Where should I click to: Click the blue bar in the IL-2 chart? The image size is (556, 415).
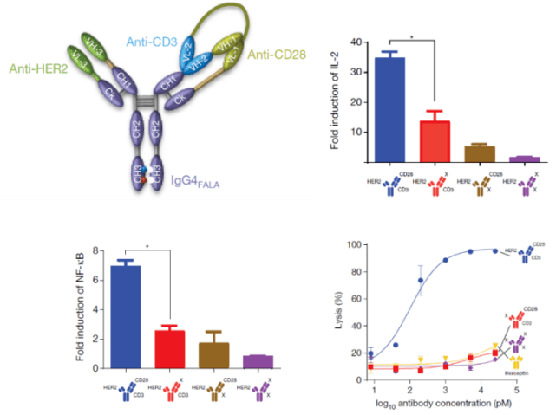tap(394, 110)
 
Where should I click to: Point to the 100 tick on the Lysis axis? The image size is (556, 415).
tap(354, 245)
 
